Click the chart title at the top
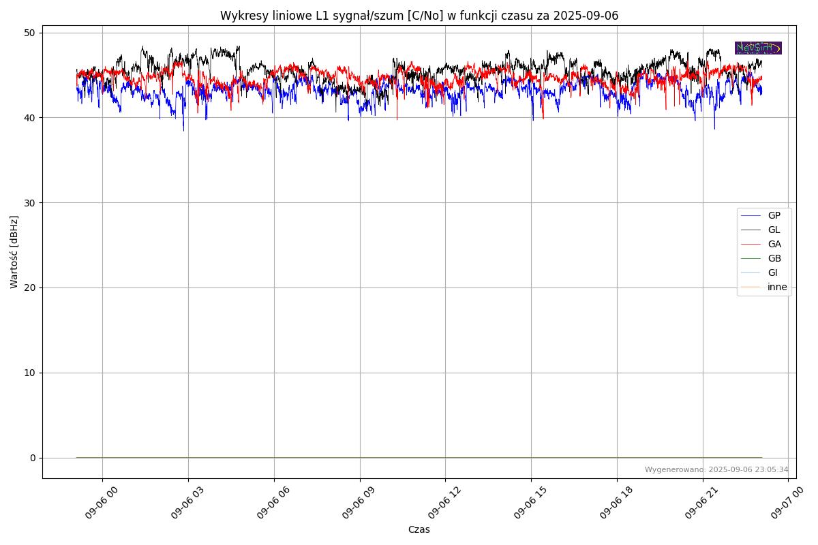419,16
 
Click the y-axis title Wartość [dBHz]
14,251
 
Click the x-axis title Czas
419,529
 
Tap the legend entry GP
774,216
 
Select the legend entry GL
774,230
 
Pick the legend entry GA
774,245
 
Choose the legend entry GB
774,259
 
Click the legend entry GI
772,273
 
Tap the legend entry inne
776,287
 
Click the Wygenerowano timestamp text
716,470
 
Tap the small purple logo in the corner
758,48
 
